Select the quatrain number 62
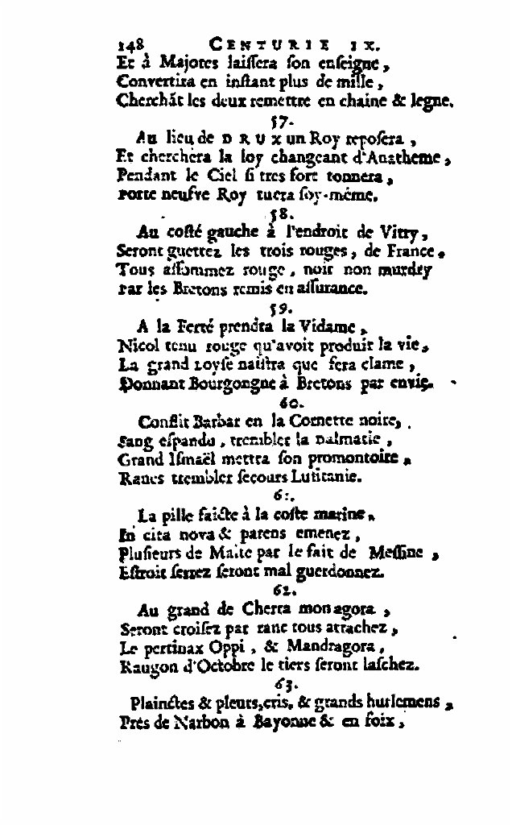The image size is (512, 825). coord(285,588)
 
